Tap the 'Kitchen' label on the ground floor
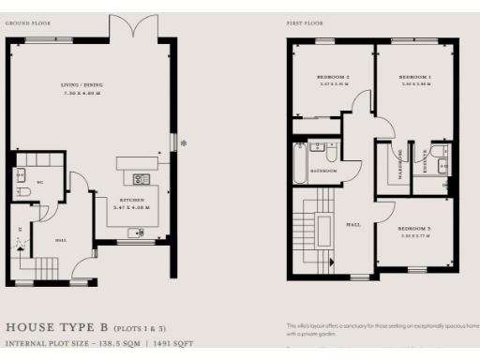tap(131, 200)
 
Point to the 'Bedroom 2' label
tap(335, 76)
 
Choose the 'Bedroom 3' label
tap(413, 228)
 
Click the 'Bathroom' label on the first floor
tap(324, 172)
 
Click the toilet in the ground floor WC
tap(25, 191)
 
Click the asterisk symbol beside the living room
tap(184, 142)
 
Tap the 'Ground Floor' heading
tap(28, 20)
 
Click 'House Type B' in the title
tap(57, 327)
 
